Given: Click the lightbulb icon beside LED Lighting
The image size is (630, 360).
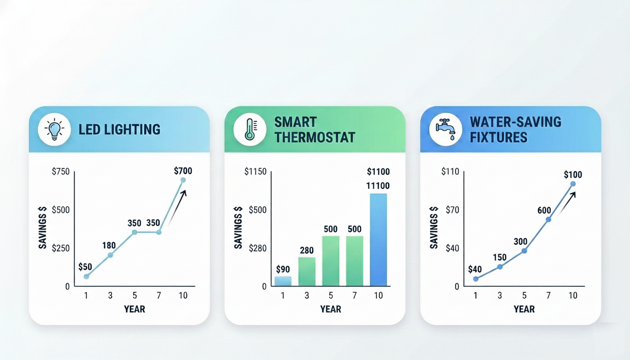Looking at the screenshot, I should coord(54,129).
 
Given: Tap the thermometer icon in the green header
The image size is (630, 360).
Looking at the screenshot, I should coord(250,129).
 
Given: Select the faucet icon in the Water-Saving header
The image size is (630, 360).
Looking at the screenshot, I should coord(445,129).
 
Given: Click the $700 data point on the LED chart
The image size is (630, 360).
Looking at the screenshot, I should coord(183,180).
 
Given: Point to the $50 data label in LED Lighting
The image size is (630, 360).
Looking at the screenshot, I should coord(85,267).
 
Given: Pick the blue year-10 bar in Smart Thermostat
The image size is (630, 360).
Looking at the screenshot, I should coord(378,240).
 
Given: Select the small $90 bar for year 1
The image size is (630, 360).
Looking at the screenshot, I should coord(283,281).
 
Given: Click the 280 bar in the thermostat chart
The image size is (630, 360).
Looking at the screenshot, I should coord(307,271).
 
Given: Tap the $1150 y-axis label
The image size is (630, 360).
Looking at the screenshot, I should coord(255,172).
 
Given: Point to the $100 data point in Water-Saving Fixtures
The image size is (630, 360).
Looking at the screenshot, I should coord(573,184).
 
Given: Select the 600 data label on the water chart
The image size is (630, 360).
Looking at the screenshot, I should coord(544,210).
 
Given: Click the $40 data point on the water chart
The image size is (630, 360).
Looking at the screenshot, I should coord(476,278).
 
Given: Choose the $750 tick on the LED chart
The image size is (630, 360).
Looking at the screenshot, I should coord(60,172).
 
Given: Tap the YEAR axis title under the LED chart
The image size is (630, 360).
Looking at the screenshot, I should coord(135,309).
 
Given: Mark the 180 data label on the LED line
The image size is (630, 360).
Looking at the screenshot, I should coord(109,245).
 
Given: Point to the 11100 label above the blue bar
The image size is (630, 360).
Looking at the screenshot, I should coord(378,186).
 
